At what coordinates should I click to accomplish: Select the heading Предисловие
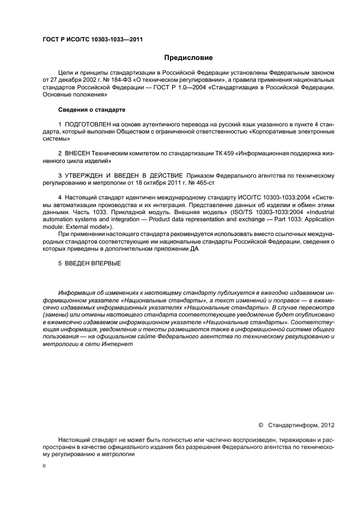pos(188,58)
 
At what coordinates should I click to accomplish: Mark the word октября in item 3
pos(156,183)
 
